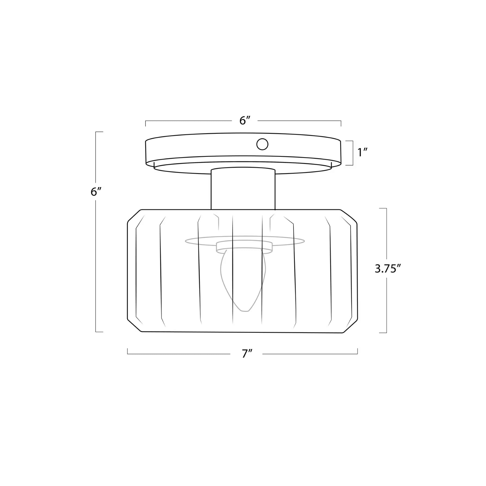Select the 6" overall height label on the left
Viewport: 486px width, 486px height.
tap(96, 192)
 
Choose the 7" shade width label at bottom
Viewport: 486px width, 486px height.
tap(247, 354)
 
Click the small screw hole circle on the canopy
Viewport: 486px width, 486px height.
tap(262, 144)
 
